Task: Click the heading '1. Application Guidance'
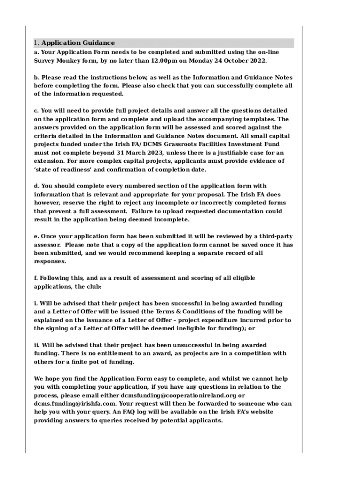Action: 74,43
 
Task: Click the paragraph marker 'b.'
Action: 36,77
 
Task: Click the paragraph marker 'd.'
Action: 36,186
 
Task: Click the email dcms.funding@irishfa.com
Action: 75,404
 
